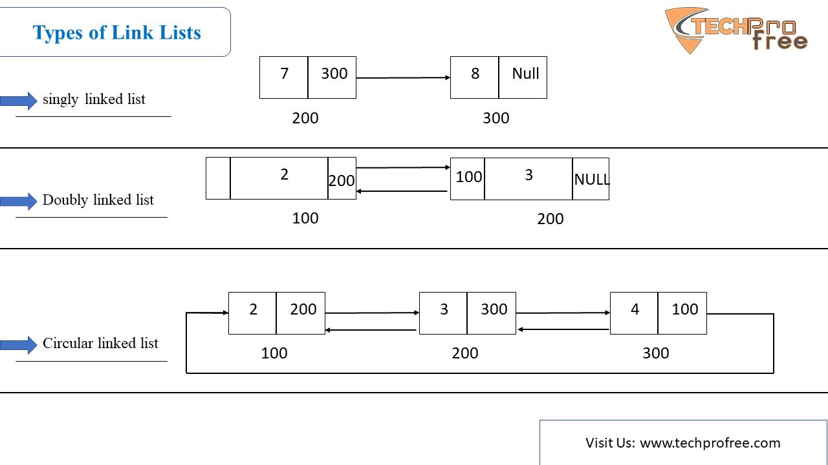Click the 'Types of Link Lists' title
pos(117,32)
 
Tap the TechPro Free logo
pos(735,30)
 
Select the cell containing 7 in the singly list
pos(283,77)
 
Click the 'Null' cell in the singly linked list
pos(523,77)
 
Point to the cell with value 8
pos(475,77)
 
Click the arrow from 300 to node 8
pos(403,77)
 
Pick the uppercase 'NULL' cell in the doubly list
pos(591,179)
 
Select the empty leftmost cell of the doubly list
pos(218,178)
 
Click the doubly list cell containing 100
pos(468,179)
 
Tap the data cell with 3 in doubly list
pos(528,179)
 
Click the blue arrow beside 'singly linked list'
pos(19,101)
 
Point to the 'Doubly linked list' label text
pos(98,200)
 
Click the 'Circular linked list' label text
pos(100,343)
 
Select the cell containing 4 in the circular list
pos(634,313)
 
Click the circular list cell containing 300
pos(492,313)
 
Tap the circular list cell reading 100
pos(682,313)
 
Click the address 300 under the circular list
pos(656,353)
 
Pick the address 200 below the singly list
pos(305,118)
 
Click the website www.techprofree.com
pos(710,443)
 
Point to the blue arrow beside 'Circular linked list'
pos(19,346)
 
